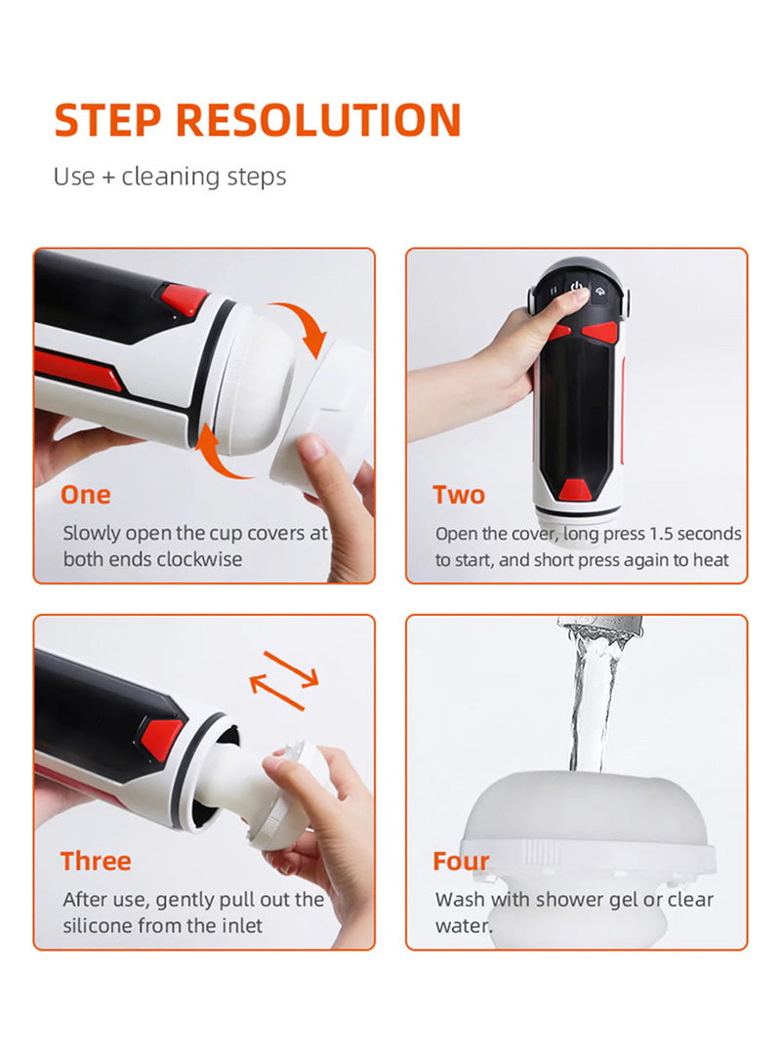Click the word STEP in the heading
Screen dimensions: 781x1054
107,120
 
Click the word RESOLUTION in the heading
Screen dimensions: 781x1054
318,120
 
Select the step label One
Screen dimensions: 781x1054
86,495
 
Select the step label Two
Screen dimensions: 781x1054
459,495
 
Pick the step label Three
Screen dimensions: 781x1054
96,861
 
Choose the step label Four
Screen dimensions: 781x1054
461,861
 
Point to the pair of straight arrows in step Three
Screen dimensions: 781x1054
284,680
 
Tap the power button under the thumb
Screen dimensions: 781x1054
576,289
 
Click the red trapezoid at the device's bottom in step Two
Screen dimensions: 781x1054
575,490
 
